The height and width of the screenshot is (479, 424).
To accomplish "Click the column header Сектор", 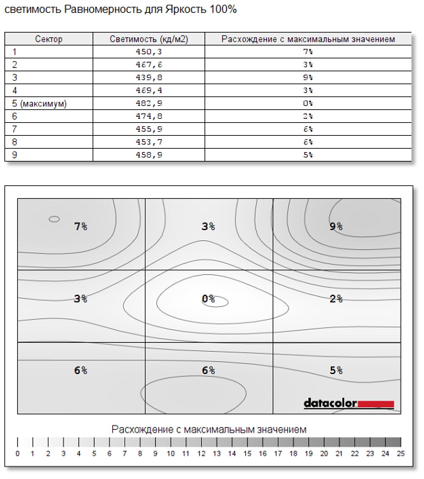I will click(49, 39).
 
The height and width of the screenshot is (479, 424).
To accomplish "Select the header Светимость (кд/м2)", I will click(149, 39).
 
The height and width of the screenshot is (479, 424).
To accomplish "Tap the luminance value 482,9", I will click(149, 103).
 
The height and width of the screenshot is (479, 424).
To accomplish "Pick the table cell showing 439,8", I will click(149, 77).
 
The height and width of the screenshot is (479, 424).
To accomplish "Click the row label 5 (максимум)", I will click(39, 103).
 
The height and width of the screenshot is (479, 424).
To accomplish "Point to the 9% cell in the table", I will click(308, 77).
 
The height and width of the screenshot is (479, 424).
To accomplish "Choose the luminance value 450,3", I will click(149, 52).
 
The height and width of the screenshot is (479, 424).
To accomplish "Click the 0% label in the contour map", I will click(208, 299).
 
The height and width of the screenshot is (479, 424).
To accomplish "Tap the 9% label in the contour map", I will click(336, 226).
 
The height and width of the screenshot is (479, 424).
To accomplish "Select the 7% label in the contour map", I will click(81, 226).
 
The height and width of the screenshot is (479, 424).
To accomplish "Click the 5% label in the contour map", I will click(336, 370).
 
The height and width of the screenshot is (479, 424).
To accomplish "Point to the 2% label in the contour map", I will click(336, 299).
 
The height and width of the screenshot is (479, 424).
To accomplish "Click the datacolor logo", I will click(330, 403).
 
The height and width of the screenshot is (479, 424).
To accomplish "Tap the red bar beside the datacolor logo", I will click(376, 404).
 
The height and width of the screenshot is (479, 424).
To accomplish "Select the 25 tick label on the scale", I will click(401, 454).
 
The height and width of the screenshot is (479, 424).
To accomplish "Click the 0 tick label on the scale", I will click(18, 454).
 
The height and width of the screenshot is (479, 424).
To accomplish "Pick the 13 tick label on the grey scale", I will click(217, 454).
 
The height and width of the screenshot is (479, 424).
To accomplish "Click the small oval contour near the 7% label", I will click(54, 219).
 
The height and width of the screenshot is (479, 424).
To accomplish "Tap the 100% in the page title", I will click(223, 9).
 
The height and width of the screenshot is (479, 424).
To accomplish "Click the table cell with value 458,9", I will click(149, 155).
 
